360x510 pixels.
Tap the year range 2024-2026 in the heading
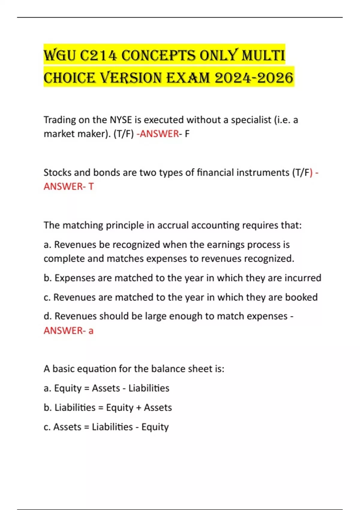coord(254,78)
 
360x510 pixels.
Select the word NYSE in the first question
coord(121,120)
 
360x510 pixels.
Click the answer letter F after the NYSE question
coord(187,134)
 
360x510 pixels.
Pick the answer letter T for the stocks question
coord(91,187)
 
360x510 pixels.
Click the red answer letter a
coord(91,331)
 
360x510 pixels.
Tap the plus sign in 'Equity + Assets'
coord(139,408)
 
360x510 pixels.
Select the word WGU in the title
coord(59,56)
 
